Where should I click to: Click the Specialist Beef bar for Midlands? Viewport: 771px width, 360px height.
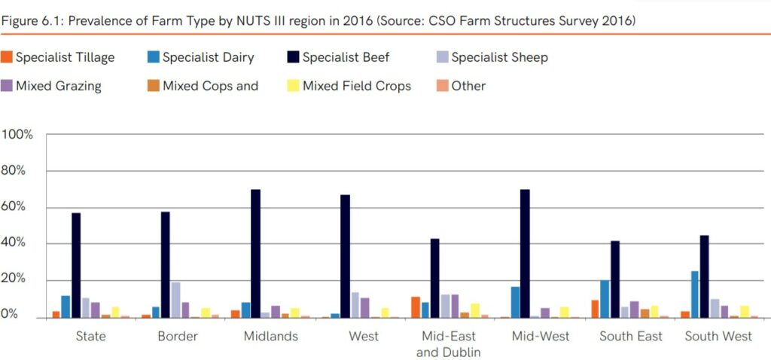coord(256,253)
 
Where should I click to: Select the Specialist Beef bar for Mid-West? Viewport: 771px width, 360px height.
coord(525,253)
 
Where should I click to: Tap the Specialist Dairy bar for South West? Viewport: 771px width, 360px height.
coord(694,294)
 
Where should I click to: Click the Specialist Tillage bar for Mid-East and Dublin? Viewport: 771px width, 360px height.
coord(415,307)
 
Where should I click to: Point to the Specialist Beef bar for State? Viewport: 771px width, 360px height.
coord(76,265)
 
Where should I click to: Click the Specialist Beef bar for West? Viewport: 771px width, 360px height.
coord(346,256)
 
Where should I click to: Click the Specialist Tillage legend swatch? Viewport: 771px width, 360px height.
coord(7,57)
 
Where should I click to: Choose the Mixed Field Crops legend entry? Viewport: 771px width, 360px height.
coord(356,86)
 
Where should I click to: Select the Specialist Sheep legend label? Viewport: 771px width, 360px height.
coord(499,57)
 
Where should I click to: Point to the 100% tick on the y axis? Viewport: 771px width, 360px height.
coord(17,135)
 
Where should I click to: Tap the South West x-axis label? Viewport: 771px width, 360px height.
coord(718,336)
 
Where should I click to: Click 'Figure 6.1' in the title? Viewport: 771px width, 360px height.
coord(27,20)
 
